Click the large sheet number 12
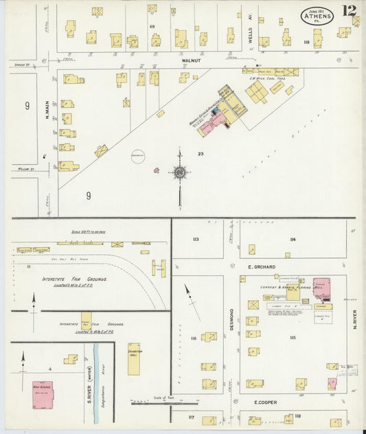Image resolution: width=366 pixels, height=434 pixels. pyautogui.click(x=352, y=10)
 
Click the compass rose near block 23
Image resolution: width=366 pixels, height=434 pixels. pyautogui.click(x=180, y=172)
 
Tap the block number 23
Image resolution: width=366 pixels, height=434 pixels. pyautogui.click(x=201, y=154)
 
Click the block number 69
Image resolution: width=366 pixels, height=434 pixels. pyautogui.click(x=152, y=25)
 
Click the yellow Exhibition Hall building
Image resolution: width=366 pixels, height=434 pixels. pyautogui.click(x=133, y=359)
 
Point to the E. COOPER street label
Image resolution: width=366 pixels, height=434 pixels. pyautogui.click(x=265, y=402)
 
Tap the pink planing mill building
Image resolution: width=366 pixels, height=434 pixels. pyautogui.click(x=322, y=288)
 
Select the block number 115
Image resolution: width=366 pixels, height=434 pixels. pyautogui.click(x=293, y=337)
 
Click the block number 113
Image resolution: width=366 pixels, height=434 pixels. pyautogui.click(x=196, y=239)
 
